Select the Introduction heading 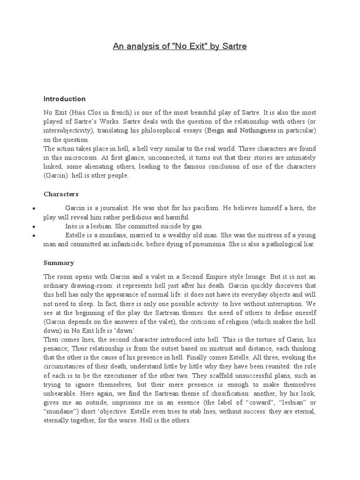[65, 99]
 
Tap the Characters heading [61, 194]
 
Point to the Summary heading [59, 263]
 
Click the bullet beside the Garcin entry [33, 208]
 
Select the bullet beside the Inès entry [33, 226]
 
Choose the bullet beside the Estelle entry [33, 235]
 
